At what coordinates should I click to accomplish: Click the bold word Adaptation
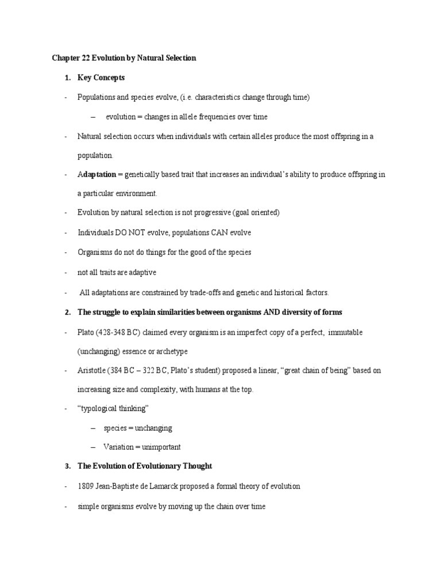pyautogui.click(x=96, y=174)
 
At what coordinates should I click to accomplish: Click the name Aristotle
pyautogui.click(x=91, y=370)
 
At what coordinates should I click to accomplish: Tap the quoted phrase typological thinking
pyautogui.click(x=113, y=408)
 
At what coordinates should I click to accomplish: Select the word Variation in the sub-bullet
pyautogui.click(x=118, y=447)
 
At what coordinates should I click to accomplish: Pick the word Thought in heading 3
pyautogui.click(x=198, y=466)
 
